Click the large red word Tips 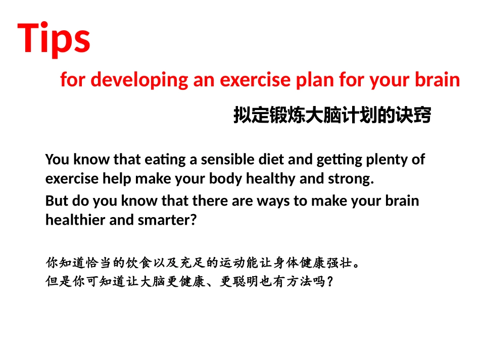[x=54, y=39]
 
